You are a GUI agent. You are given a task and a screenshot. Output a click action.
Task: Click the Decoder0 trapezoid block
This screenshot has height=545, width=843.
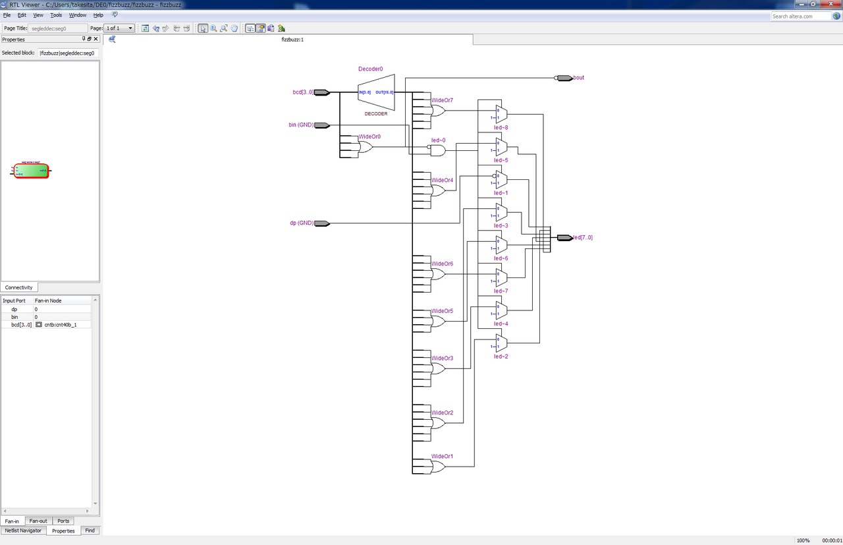[x=375, y=92]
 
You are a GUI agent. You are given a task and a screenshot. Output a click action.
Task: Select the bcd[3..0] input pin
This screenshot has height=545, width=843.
[x=322, y=92]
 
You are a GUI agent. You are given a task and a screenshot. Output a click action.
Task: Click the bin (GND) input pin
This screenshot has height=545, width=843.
[x=322, y=125]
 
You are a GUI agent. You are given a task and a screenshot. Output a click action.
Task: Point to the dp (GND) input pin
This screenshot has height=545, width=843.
[x=322, y=223]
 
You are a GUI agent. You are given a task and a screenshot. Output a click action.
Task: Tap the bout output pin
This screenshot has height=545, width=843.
[x=564, y=78]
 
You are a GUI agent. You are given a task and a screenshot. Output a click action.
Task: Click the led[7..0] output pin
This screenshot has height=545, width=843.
[x=564, y=237]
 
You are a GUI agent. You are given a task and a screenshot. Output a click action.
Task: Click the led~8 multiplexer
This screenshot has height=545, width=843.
[x=501, y=115]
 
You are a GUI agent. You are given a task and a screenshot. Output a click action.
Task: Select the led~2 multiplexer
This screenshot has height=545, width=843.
[x=501, y=343]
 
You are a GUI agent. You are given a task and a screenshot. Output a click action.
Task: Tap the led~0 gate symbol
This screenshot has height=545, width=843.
[x=438, y=151]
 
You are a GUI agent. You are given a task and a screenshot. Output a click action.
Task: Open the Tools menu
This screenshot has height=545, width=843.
[x=56, y=14]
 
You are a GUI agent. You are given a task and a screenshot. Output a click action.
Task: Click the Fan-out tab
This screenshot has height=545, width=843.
[x=38, y=521]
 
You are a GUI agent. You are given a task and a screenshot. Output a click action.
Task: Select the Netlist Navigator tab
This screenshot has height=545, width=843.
[x=23, y=530]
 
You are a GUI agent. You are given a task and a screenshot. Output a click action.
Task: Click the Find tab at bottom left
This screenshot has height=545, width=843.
[x=90, y=530]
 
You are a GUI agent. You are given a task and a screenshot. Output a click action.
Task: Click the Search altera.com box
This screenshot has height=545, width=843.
[x=801, y=16]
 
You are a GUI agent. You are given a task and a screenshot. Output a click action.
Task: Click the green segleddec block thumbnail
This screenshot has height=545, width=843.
[x=32, y=171]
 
